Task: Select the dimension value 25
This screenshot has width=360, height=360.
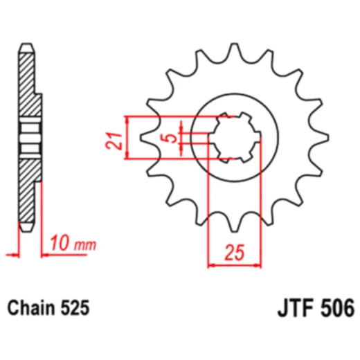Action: pyautogui.click(x=235, y=254)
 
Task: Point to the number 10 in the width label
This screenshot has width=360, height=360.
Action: pyautogui.click(x=60, y=244)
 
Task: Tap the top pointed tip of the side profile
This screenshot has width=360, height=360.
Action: pyautogui.click(x=26, y=46)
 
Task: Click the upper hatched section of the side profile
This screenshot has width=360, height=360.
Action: pyautogui.click(x=26, y=80)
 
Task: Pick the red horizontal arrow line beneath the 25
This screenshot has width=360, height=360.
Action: pyautogui.click(x=235, y=264)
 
